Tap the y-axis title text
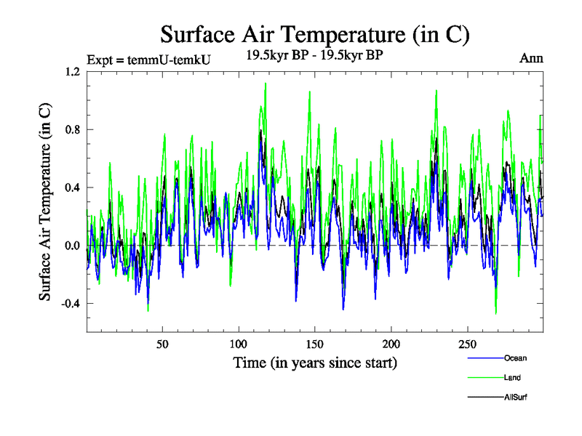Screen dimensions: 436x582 point(45,201)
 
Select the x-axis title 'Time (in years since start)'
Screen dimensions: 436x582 point(315,362)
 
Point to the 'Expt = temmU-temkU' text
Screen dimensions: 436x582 point(148,60)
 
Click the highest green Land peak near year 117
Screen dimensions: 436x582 point(265,83)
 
